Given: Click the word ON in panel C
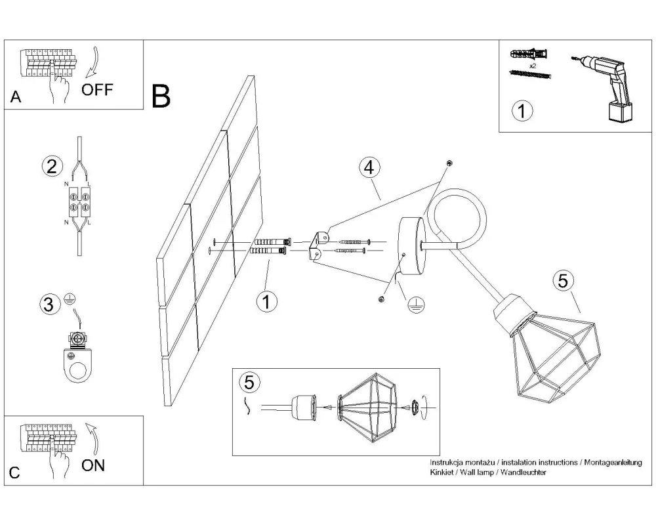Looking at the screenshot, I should (x=93, y=465).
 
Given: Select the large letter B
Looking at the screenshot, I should (x=161, y=96).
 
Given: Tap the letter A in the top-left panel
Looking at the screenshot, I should (x=16, y=98).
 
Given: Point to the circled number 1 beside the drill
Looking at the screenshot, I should (x=522, y=111).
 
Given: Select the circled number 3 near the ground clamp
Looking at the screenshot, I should (x=47, y=304).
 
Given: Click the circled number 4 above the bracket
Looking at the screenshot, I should (x=369, y=167).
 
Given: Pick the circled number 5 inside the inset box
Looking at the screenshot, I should (x=249, y=381).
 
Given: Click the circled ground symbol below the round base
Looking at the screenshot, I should (x=415, y=304).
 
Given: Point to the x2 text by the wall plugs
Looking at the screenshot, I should (x=533, y=66).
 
